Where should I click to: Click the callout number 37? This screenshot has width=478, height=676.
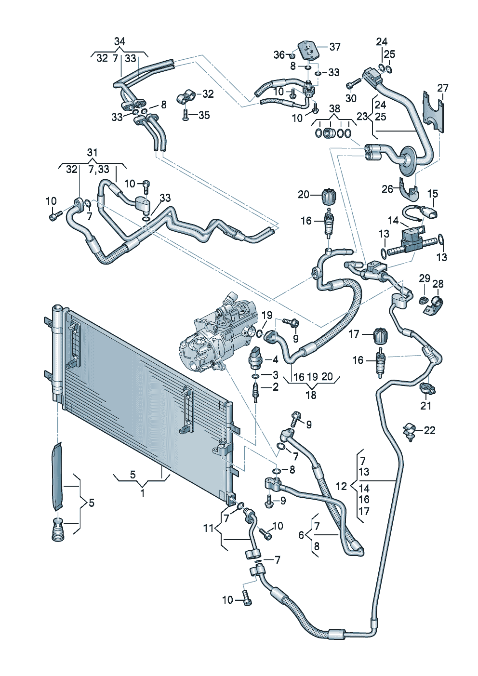pyautogui.click(x=335, y=47)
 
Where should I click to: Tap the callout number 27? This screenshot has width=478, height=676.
pyautogui.click(x=443, y=88)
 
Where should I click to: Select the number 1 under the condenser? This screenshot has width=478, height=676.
pyautogui.click(x=142, y=493)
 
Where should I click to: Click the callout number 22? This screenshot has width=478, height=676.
pyautogui.click(x=429, y=430)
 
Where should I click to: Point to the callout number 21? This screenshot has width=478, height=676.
pyautogui.click(x=426, y=406)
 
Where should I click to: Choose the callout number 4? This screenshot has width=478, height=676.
pyautogui.click(x=275, y=360)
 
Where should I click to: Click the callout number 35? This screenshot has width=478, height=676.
pyautogui.click(x=204, y=115)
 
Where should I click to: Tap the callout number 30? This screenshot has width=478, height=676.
pyautogui.click(x=351, y=98)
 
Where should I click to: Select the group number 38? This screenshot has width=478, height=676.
pyautogui.click(x=334, y=108)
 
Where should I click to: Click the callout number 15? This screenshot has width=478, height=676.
pyautogui.click(x=433, y=193)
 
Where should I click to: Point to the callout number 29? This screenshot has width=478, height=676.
pyautogui.click(x=425, y=278)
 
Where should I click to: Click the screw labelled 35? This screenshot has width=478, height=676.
pyautogui.click(x=186, y=114)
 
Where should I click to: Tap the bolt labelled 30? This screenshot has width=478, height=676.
pyautogui.click(x=354, y=83)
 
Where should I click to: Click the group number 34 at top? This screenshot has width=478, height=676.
pyautogui.click(x=119, y=41)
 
